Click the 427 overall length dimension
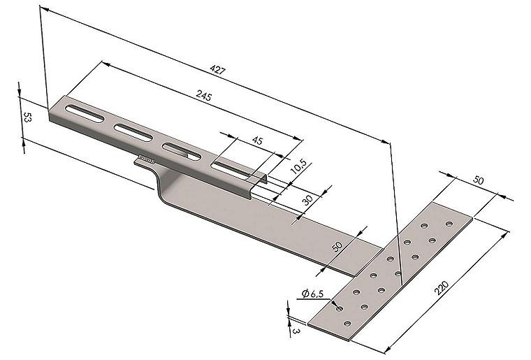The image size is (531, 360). pos(217,70)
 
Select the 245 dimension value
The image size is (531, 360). pos(204,96)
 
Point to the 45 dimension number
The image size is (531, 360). pos(257,140)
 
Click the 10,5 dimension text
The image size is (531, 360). pos(299,166)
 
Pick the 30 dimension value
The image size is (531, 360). pos(307,200)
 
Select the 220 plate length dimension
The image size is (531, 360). pos(442,288)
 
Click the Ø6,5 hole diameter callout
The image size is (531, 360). pos(312,294)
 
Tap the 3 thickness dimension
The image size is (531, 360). pos(296,331)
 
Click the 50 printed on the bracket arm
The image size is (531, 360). pos(337,246)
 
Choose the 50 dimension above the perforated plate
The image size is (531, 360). pos(478,180)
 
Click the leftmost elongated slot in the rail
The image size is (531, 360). pos(85,113)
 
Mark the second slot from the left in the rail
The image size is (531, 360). pos(133,132)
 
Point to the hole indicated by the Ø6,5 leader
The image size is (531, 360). pos(340,308)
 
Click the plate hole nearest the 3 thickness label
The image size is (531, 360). pos(347,324)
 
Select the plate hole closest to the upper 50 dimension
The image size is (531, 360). pos(449,224)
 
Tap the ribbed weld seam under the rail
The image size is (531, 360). pos(147,159)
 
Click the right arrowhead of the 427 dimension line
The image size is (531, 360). pos(385,141)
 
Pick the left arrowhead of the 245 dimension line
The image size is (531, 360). pos(107,64)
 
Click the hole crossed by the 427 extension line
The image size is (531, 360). pos(398,273)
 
